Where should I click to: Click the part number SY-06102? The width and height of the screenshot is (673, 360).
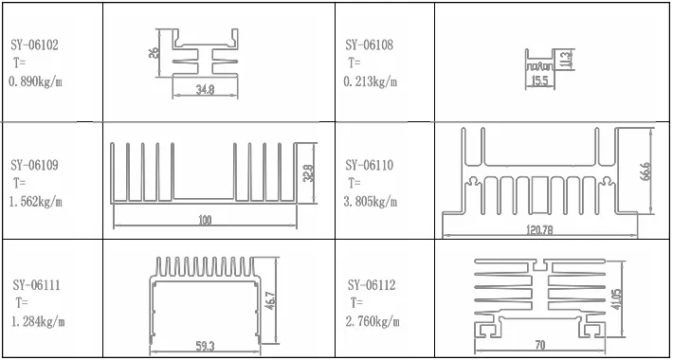[35, 45]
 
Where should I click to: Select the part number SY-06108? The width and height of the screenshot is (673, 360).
[370, 45]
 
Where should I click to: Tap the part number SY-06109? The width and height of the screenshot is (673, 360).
[35, 165]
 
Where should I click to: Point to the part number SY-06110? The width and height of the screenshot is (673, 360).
[370, 165]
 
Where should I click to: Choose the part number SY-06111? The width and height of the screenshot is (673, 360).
[37, 285]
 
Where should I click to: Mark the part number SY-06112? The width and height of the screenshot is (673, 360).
[372, 285]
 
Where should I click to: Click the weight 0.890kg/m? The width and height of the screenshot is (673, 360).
[35, 81]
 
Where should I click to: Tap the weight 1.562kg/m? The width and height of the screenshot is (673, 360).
[35, 202]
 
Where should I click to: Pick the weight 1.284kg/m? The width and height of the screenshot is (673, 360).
[37, 322]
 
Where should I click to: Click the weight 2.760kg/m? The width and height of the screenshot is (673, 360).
[372, 322]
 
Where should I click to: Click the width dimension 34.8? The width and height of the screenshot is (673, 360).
[204, 90]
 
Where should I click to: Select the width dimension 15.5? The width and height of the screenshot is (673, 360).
[539, 82]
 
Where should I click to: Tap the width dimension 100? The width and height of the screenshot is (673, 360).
[205, 221]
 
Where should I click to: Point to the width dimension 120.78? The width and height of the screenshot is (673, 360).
[540, 230]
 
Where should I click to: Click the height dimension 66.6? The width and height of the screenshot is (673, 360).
[646, 171]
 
